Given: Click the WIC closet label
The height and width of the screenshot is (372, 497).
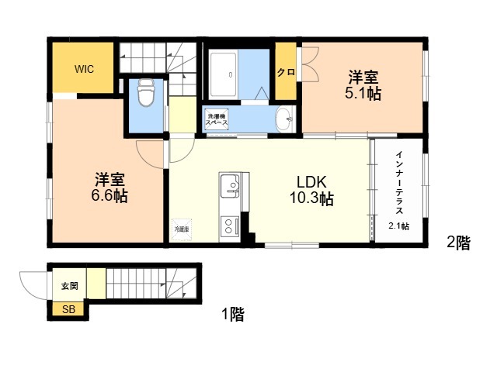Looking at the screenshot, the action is (x=84, y=69).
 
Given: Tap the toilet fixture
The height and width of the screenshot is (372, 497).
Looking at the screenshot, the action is (x=146, y=92).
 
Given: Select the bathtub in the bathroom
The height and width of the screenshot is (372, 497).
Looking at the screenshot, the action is (x=223, y=74).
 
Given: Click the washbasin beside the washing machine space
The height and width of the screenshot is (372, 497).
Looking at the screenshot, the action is (x=285, y=119).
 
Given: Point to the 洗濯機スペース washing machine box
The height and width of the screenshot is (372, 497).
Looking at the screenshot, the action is (x=217, y=119).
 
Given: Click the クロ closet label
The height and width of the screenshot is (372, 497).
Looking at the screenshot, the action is (x=286, y=72).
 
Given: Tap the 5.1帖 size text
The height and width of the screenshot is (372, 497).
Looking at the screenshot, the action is (x=363, y=93).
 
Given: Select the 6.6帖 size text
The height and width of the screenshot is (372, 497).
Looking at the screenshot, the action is (x=109, y=196).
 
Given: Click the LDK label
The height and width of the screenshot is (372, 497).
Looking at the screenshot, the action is (x=311, y=182).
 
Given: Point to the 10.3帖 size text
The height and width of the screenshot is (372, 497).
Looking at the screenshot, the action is (x=311, y=198).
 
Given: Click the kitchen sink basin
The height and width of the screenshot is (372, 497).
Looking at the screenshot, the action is (x=230, y=186).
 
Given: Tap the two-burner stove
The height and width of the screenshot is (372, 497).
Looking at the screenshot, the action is (x=230, y=227).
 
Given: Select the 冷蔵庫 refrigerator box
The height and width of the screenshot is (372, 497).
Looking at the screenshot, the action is (x=182, y=229).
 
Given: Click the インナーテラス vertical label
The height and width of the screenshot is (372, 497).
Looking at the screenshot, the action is (x=399, y=183).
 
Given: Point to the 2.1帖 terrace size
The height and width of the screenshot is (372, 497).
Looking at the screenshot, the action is (x=398, y=226).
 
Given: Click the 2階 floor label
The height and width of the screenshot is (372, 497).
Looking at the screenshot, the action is (x=458, y=243).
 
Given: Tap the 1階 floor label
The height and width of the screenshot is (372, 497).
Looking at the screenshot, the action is (x=233, y=314).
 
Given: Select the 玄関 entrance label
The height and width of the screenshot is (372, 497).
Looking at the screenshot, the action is (x=69, y=286).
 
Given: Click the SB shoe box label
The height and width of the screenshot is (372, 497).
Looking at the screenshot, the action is (x=68, y=309).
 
